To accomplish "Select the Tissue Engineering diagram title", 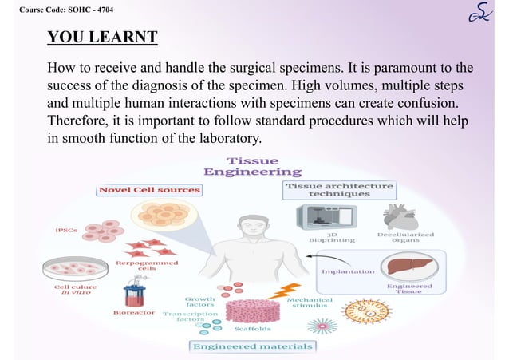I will click(x=253, y=166).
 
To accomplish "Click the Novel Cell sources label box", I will click(x=148, y=190).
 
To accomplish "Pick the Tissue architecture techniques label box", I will click(x=339, y=190).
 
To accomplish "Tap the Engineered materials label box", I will click(x=252, y=346).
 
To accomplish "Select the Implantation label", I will click(x=348, y=271).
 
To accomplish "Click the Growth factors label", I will click(x=199, y=302).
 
